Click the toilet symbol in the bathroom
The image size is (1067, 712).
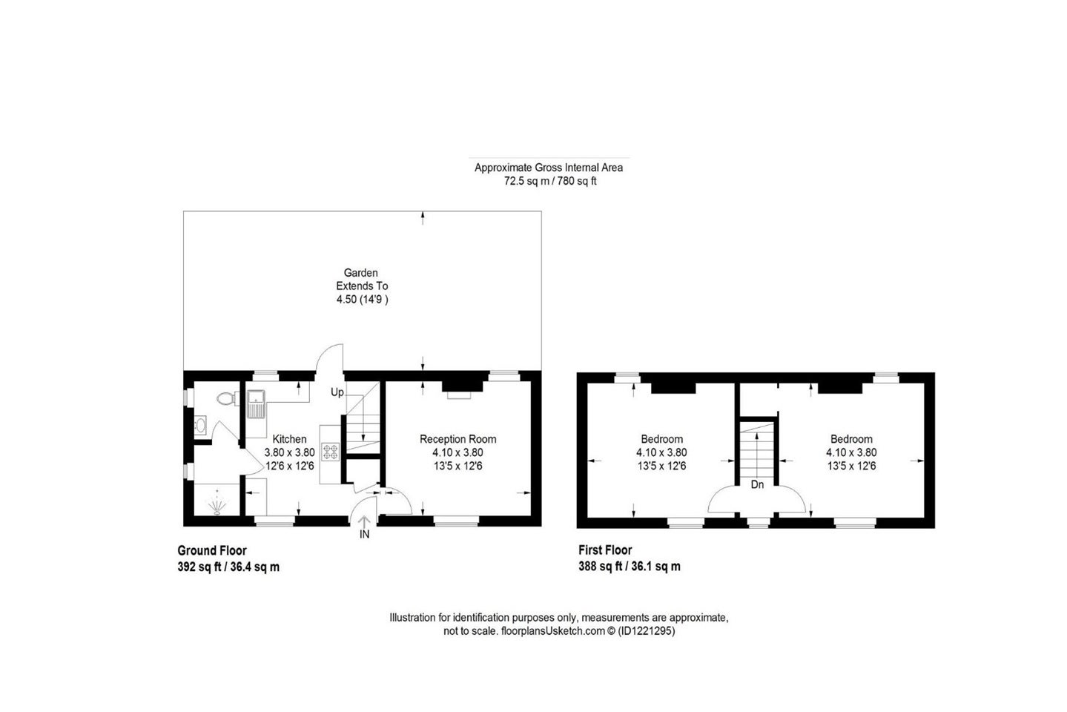pos(228,398)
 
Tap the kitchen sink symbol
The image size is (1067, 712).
pos(256,404)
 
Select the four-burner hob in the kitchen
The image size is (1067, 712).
pos(330,452)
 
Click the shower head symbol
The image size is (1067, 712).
pos(217,504)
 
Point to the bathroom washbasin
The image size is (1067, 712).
pos(200,425)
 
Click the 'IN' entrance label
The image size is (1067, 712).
pos(364,535)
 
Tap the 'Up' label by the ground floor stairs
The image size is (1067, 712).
pos(337,392)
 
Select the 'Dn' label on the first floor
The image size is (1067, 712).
pos(757,484)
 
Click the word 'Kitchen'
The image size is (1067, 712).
pos(290,439)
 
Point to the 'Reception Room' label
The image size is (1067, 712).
pos(457,439)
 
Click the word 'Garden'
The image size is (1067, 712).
pos(360,273)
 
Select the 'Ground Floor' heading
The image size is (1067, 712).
pos(212,551)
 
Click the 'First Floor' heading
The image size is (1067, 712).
pos(605,550)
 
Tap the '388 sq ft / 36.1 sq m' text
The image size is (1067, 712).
pos(630,567)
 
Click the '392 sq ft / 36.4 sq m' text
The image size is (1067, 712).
pos(228,567)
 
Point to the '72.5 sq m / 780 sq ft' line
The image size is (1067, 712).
pos(550,181)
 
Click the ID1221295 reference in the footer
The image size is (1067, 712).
pos(647,631)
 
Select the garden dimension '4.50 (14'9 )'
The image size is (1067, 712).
pos(362,300)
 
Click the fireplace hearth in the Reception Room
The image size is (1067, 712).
pos(459,395)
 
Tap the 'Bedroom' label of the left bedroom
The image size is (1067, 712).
pos(661,439)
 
